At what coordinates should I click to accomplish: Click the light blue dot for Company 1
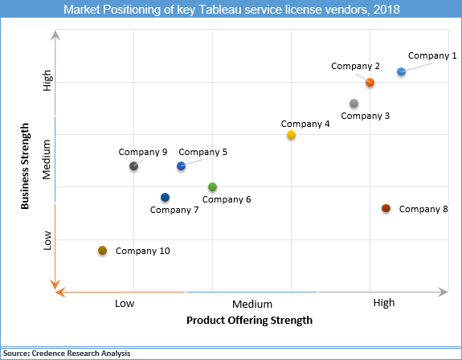pos(401,72)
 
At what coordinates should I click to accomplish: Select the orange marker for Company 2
pos(370,83)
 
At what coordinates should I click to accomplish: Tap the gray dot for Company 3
pos(354,104)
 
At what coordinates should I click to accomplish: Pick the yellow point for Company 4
pos(291,135)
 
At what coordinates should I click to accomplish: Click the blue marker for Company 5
pos(181,166)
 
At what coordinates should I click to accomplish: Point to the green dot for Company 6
pos(212,187)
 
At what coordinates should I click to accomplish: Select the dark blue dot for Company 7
pos(165,198)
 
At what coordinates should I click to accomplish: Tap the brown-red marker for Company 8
pos(386,208)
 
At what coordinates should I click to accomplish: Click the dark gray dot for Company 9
pos(133,166)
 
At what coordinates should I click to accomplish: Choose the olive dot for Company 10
pos(102,251)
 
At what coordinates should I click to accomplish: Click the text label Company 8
pos(423,209)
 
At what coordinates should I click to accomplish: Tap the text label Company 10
pos(143,251)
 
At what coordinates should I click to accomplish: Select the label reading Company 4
pos(305,124)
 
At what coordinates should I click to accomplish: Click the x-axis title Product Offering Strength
pos(249,320)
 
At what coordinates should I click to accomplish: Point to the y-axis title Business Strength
pos(26,166)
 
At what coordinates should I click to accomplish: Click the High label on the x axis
pos(383,303)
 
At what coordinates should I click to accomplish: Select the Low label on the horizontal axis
pos(125,303)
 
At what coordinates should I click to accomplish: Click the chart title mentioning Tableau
pos(231,10)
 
